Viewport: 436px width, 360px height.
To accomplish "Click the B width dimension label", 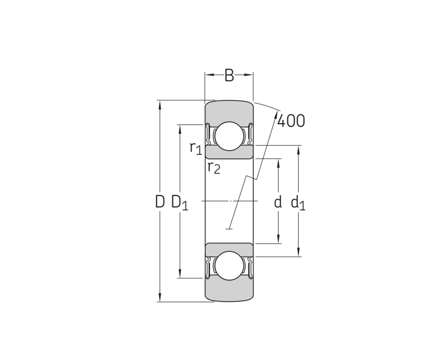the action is click(229, 75).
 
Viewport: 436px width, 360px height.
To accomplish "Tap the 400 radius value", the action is click(291, 121).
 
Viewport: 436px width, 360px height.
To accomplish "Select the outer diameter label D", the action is click(160, 202).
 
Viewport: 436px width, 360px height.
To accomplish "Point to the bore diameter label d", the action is click(278, 202).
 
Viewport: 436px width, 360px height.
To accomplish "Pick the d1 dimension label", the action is click(298, 202).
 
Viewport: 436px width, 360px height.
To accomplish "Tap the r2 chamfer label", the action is click(214, 167).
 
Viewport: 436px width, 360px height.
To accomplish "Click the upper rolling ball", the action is click(229, 136).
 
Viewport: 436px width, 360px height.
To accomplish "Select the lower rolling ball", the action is click(229, 266).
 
